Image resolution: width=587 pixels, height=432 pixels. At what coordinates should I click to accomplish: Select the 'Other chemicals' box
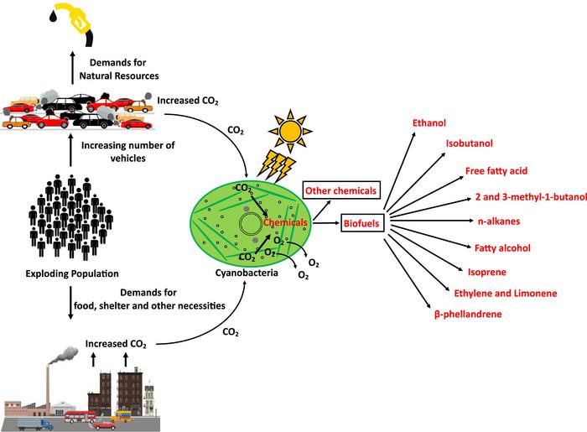point(341,190)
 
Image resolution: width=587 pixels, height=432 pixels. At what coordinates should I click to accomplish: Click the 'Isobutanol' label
point(469,144)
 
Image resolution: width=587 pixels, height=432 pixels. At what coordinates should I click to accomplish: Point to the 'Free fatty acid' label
point(496,171)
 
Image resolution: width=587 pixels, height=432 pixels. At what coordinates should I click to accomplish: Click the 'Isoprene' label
point(486,273)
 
